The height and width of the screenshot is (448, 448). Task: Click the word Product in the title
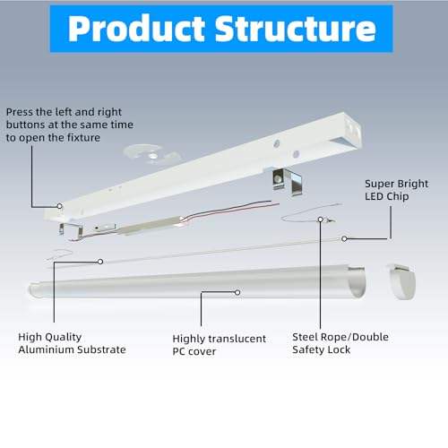click(x=136, y=29)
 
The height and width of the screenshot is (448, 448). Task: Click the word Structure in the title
click(x=296, y=29)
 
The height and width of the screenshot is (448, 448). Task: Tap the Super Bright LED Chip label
click(x=396, y=190)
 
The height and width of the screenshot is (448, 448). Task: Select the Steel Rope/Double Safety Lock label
click(x=340, y=343)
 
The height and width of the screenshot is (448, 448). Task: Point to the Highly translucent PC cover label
click(x=219, y=345)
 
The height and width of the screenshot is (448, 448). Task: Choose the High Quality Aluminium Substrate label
click(x=72, y=343)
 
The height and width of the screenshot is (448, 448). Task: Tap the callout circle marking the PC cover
click(x=237, y=292)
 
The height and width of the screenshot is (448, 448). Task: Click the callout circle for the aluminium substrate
click(x=100, y=262)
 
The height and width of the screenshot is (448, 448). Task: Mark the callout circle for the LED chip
click(x=344, y=238)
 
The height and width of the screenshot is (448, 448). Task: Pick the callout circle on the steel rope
click(x=320, y=220)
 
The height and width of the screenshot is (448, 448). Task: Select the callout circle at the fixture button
click(x=59, y=206)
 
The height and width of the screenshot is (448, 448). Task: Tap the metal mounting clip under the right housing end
click(x=287, y=182)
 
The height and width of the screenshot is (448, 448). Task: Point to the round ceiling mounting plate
click(x=151, y=154)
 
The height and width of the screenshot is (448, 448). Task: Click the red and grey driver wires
click(x=230, y=210)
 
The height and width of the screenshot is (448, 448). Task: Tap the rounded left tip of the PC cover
click(x=32, y=290)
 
